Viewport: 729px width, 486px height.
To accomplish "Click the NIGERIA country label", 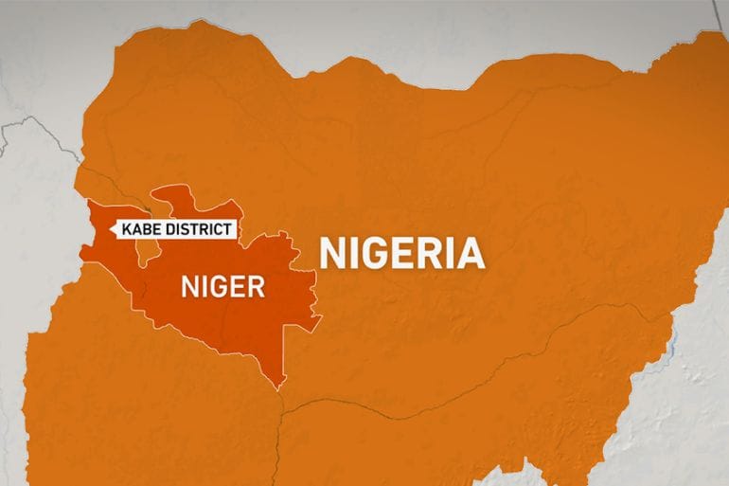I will click(402, 254).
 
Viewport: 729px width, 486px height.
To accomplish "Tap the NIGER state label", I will click(222, 286).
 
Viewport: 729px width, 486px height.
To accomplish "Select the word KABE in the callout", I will click(139, 229).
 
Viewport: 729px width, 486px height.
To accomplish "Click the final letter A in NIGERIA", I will click(471, 254).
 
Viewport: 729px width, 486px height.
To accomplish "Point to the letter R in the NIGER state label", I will click(254, 286).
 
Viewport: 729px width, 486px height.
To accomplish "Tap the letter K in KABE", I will click(121, 229).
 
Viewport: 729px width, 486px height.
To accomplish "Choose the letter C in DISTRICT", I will click(219, 229).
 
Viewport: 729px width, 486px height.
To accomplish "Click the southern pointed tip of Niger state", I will click(280, 387).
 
